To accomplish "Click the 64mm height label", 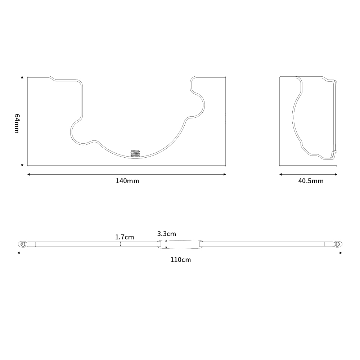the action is point(17,123).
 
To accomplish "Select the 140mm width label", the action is point(127,181).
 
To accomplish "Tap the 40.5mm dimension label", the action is point(311,181).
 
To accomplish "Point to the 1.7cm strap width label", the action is point(125,237).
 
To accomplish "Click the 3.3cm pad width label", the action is point(166,234).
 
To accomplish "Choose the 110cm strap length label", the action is point(180,260).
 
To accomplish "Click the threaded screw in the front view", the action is point(135,154).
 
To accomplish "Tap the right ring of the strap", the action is point(338,244).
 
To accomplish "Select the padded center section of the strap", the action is point(180,244).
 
